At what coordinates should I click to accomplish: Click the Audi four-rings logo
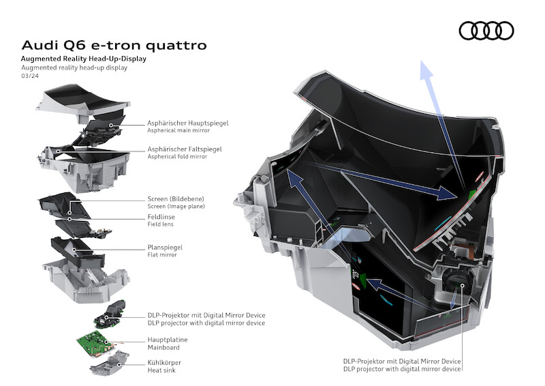(x=486, y=30)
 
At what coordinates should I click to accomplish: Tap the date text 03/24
(x=30, y=76)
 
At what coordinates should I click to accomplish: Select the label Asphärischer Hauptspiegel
(x=188, y=123)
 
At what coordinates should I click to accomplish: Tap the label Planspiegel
(x=166, y=248)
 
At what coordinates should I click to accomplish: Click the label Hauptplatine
(x=168, y=339)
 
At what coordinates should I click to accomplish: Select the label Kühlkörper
(x=164, y=362)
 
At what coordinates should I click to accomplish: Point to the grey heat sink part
(x=108, y=361)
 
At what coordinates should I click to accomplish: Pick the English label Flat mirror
(x=162, y=255)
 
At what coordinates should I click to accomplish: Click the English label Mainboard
(x=163, y=346)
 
